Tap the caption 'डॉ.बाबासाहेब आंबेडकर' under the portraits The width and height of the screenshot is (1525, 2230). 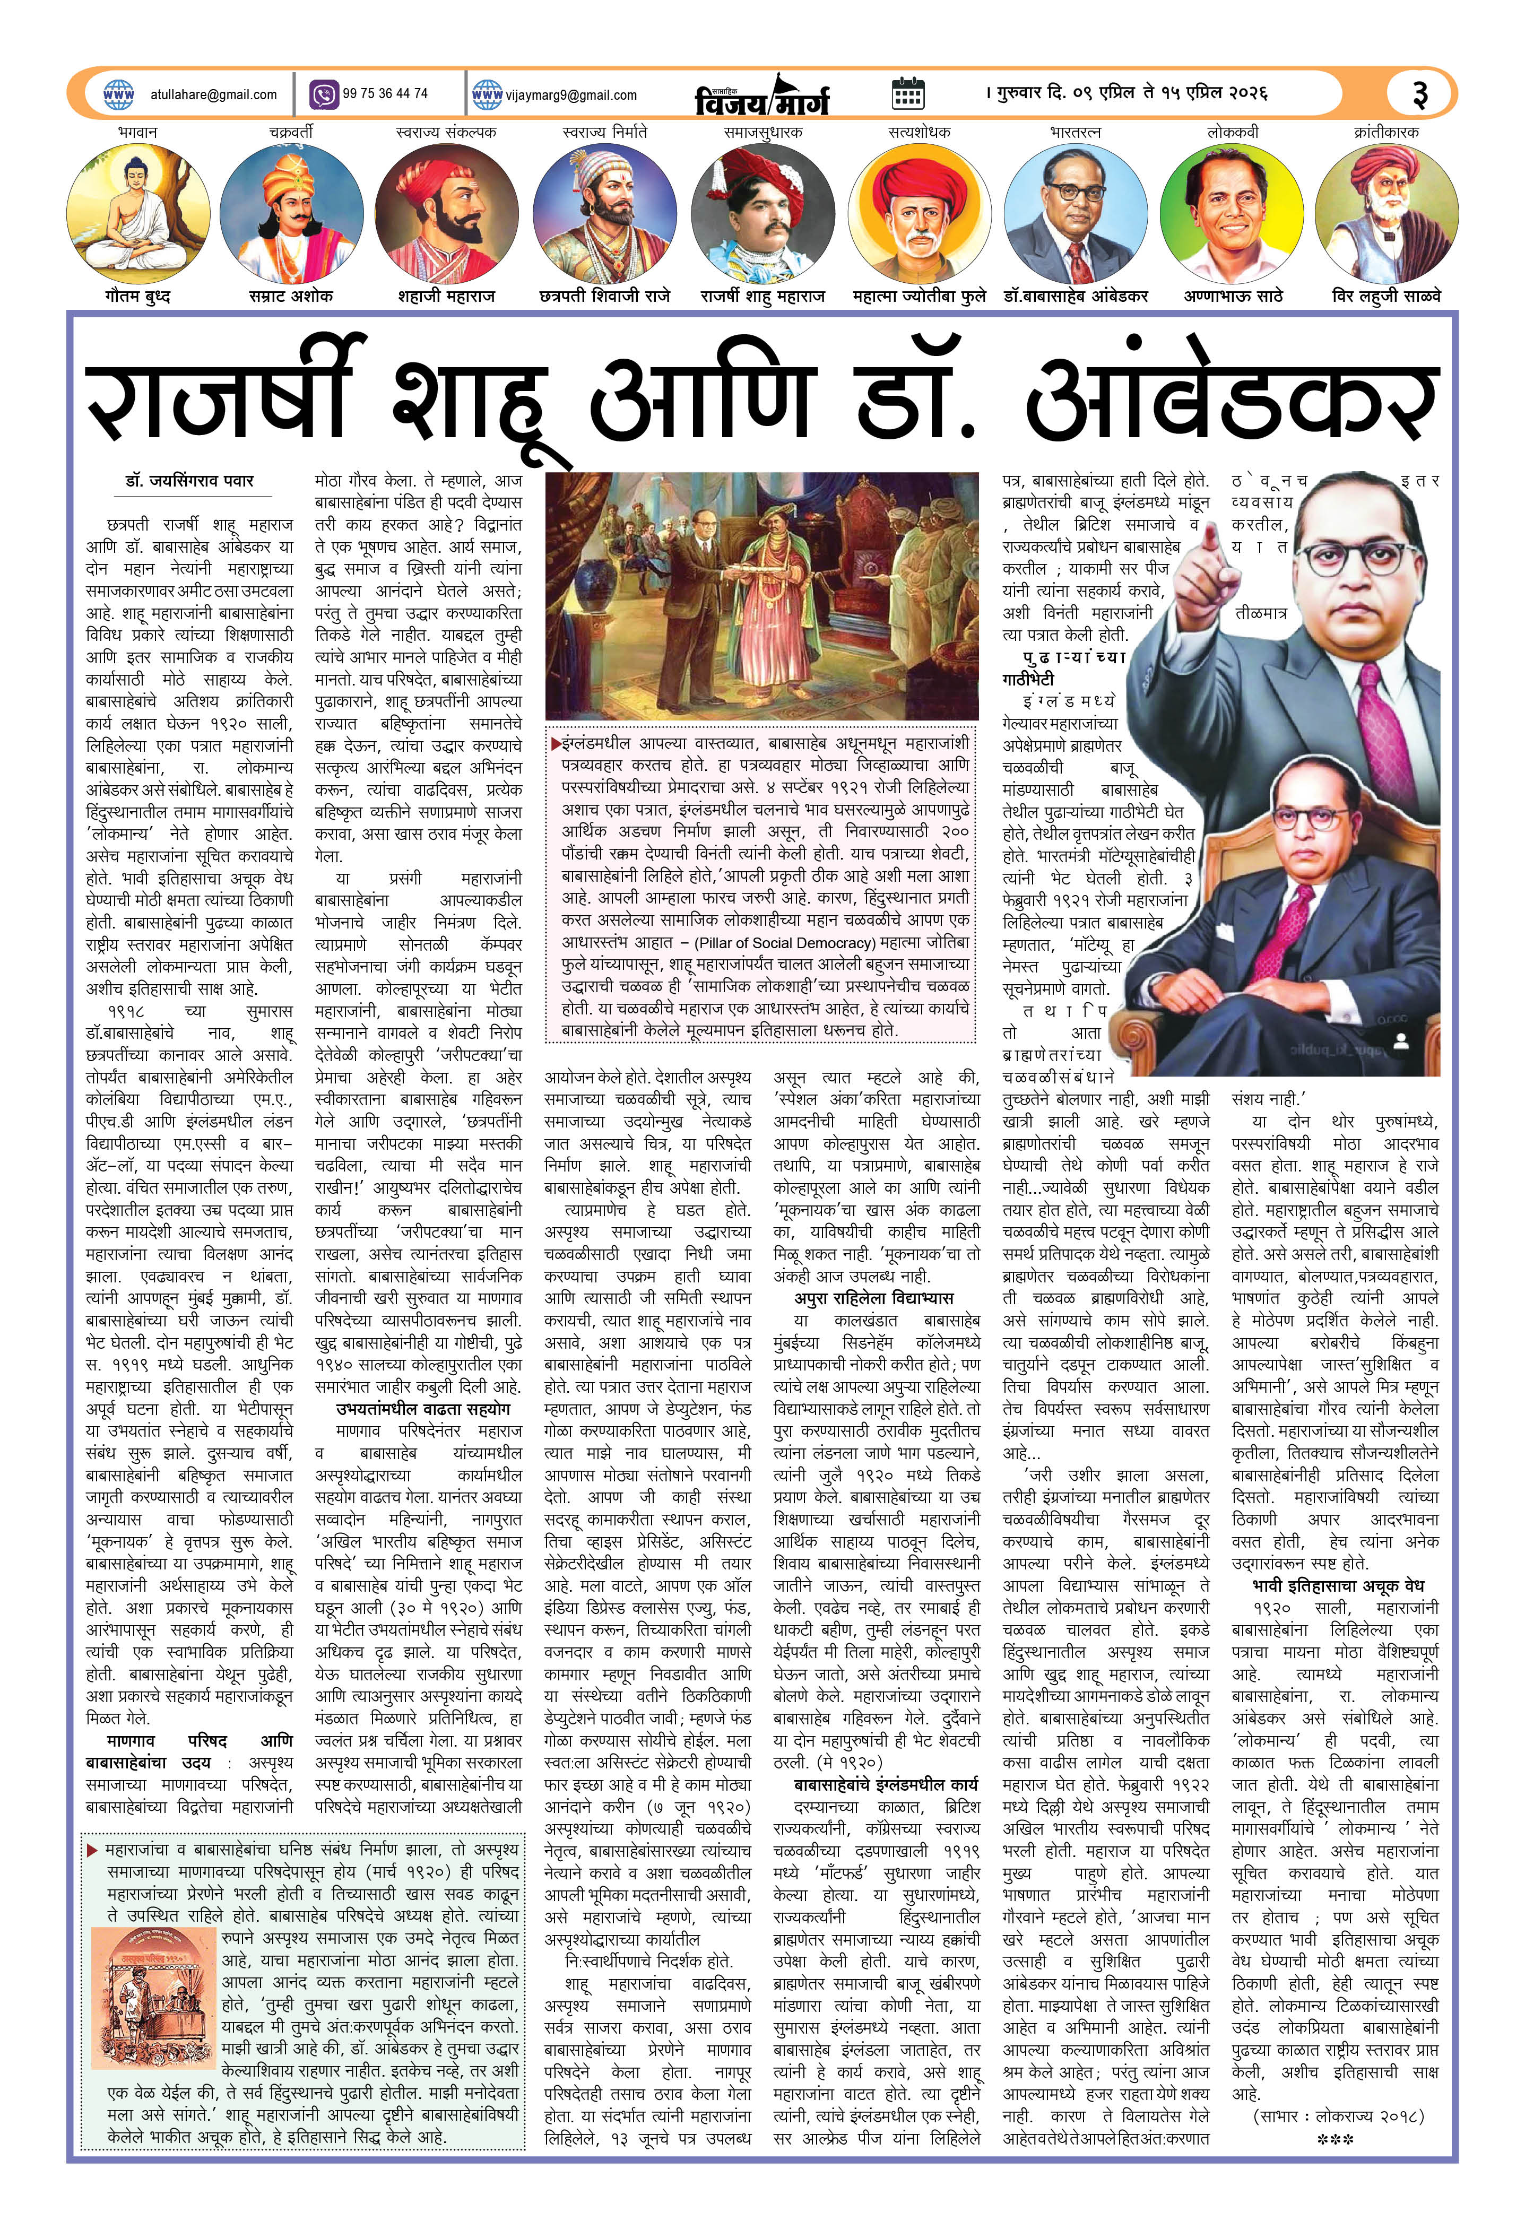coord(1076,297)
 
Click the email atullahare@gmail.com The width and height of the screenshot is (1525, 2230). coord(213,95)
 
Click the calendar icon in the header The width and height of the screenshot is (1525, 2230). coord(907,93)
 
